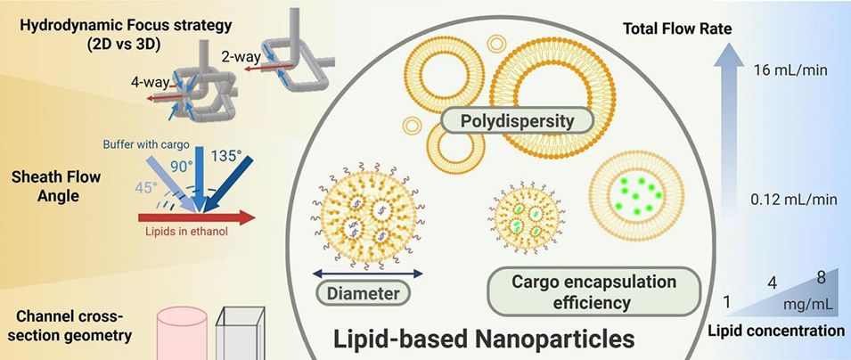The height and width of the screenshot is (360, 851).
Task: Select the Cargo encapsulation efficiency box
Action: point(589,292)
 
